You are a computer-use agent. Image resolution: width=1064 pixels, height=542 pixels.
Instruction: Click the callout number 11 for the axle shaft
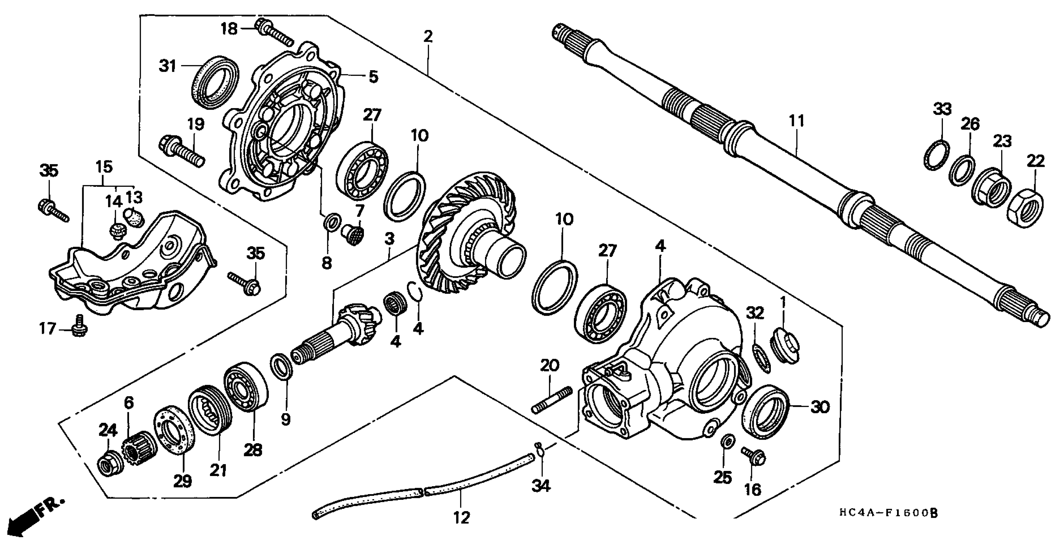click(797, 121)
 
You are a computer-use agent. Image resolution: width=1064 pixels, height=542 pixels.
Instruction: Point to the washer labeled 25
click(727, 442)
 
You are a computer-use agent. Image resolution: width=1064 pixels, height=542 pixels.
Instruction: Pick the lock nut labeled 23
click(993, 187)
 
